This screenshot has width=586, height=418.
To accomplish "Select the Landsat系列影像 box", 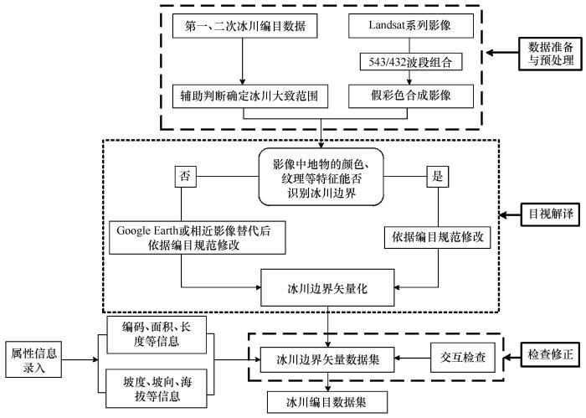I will (x=410, y=26).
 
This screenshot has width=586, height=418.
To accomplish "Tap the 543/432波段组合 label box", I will (x=410, y=62).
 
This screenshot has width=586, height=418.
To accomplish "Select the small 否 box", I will (x=185, y=178).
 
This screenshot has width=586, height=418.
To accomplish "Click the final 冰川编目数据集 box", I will (x=327, y=401).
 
